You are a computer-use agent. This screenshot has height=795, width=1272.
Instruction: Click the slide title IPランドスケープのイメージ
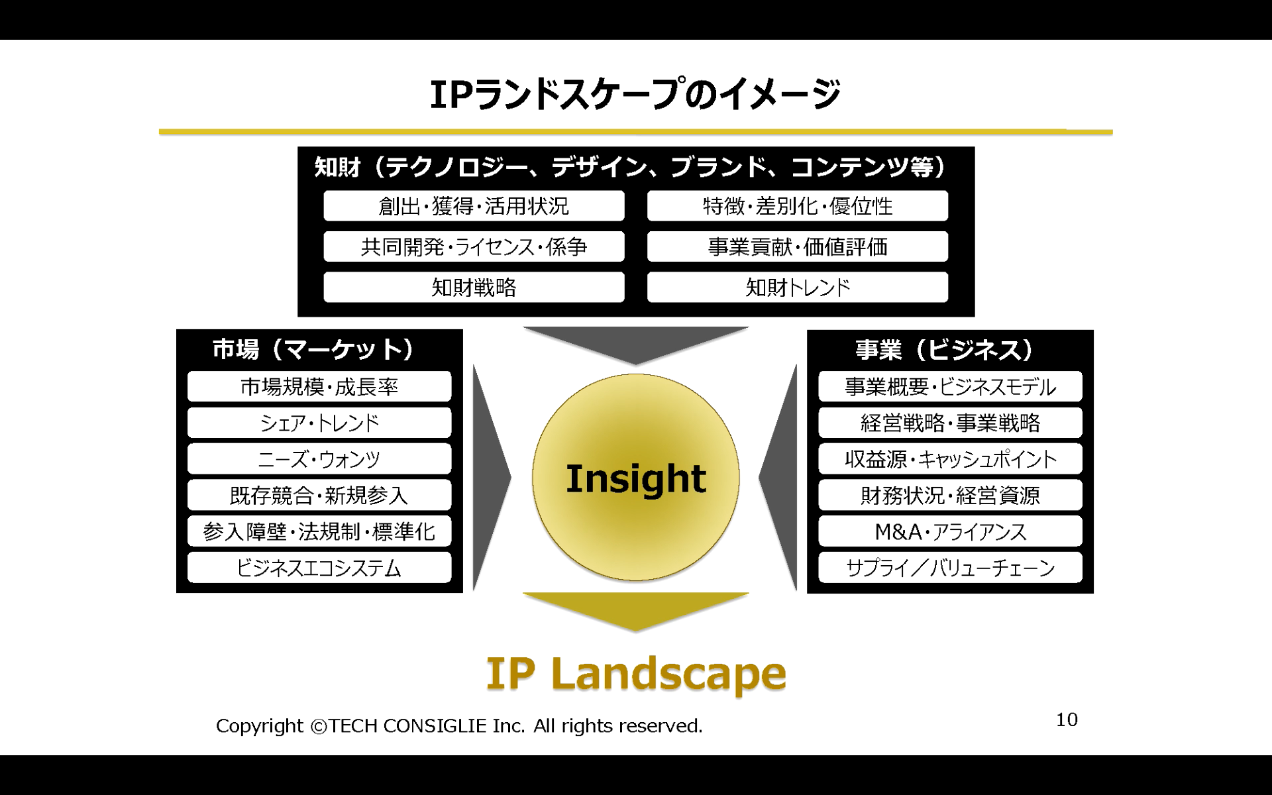(635, 94)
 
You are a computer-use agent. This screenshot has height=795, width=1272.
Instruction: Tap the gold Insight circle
(636, 478)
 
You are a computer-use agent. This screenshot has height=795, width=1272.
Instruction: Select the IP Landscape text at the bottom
(636, 674)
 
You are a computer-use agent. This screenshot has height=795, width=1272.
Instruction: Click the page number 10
(1067, 719)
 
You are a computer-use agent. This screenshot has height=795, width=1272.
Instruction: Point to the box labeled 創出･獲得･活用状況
(474, 206)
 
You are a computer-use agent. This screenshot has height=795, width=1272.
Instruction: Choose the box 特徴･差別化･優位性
(798, 206)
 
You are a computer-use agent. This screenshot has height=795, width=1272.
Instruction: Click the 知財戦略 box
(474, 288)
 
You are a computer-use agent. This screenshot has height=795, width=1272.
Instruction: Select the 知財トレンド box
(798, 288)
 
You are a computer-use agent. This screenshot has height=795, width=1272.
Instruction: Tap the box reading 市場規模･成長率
(319, 386)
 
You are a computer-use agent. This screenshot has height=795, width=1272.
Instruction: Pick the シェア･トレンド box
(319, 423)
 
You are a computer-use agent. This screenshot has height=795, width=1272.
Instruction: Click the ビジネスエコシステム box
(319, 568)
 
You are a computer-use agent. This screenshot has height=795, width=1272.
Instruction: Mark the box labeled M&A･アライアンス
(950, 531)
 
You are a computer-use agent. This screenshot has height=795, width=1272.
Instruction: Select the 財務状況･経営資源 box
(950, 495)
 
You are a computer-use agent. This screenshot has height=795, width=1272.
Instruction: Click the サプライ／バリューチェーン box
(950, 568)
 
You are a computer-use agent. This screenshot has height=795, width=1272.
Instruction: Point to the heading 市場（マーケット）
(313, 349)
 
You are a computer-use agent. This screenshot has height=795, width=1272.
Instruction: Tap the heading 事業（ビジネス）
(944, 349)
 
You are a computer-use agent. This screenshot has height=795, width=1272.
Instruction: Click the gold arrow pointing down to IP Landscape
(635, 610)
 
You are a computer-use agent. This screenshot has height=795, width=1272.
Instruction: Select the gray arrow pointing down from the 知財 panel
(635, 343)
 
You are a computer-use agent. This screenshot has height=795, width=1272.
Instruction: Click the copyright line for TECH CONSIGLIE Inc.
(459, 726)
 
